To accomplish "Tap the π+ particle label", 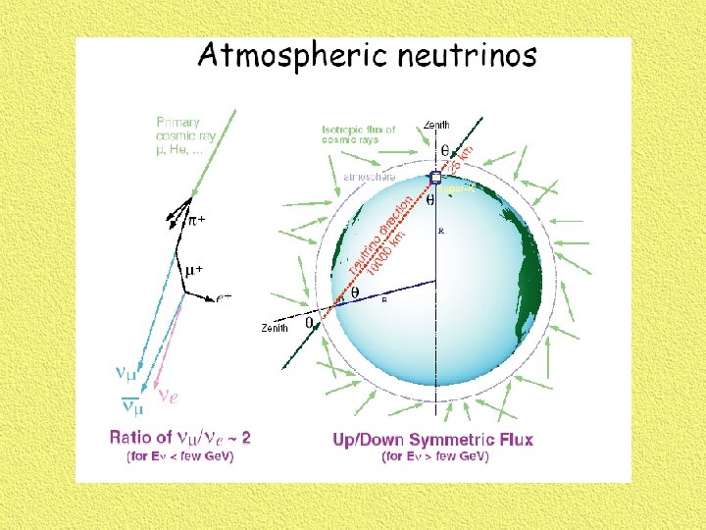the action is tap(197, 221).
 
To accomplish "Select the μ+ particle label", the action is tap(196, 267).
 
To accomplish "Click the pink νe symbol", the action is tap(169, 395).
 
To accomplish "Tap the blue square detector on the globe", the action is tap(435, 178).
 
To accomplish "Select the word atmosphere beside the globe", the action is tap(370, 177).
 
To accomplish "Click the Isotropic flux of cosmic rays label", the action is tap(359, 134).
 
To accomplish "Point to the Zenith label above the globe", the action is tap(437, 125).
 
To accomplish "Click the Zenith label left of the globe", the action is tap(275, 328).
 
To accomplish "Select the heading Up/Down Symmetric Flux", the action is tap(432, 439).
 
